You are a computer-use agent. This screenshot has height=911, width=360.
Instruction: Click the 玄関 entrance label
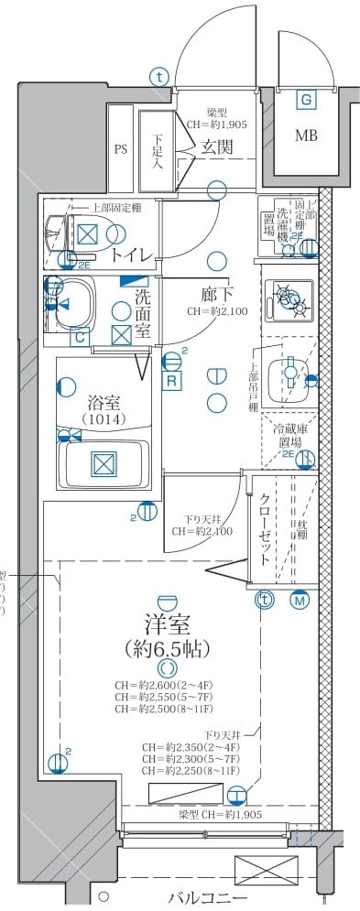point(217,146)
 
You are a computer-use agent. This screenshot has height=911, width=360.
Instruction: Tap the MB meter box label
point(305,136)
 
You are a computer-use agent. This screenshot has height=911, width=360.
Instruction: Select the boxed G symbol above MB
point(305,100)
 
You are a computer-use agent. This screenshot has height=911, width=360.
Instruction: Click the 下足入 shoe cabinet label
point(157,150)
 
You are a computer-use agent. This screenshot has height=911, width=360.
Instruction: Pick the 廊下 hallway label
point(218,295)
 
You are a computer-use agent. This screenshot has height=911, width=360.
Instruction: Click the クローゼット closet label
point(265,532)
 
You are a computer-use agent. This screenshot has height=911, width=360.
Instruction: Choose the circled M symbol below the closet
point(300,601)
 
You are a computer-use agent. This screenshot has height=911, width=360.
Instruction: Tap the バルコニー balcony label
point(208,898)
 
